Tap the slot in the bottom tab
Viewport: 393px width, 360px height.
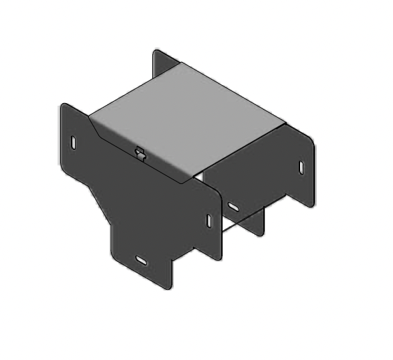pos(142,259)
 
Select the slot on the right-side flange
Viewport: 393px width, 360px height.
pos(301,167)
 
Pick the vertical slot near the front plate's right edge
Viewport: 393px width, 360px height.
pos(209,221)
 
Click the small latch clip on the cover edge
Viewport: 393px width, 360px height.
pos(140,153)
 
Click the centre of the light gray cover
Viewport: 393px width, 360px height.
pos(187,120)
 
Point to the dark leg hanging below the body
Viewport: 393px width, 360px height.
pos(258,221)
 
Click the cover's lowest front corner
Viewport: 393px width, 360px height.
pos(183,182)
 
